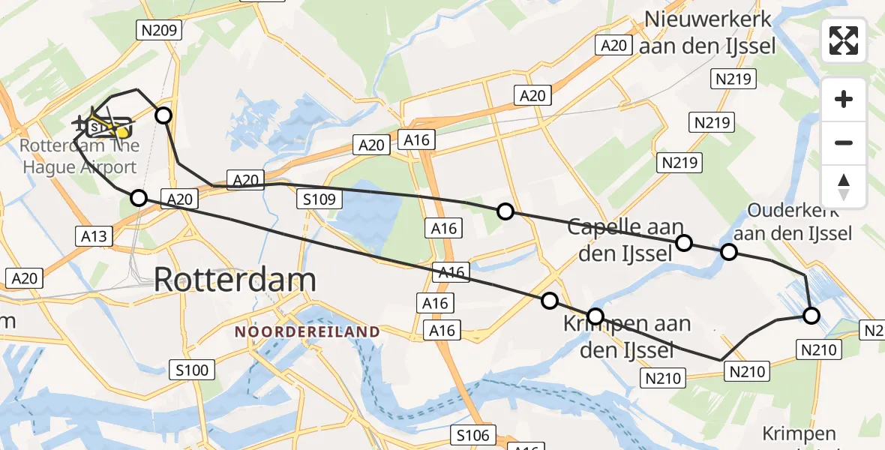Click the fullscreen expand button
click(x=844, y=40)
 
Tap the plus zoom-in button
click(x=844, y=99)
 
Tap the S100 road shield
click(x=193, y=369)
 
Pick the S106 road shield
click(x=473, y=435)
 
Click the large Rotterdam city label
click(x=235, y=280)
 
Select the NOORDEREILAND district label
click(x=307, y=331)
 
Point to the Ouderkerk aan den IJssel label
click(x=799, y=222)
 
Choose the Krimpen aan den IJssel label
click(x=628, y=337)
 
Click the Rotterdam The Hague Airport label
click(x=79, y=156)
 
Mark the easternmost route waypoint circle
click(x=811, y=316)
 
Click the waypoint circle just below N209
click(x=163, y=115)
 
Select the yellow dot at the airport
click(x=122, y=132)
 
